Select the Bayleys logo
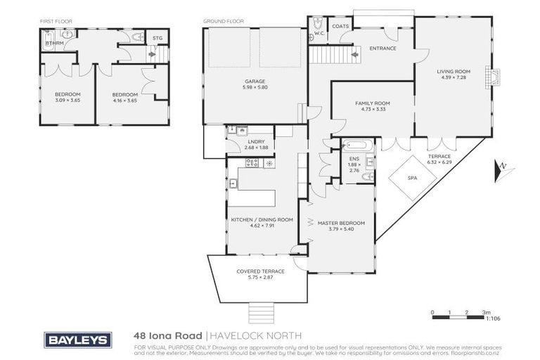coord(77,340)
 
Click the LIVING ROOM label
coord(453,72)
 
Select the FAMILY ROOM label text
coord(372,103)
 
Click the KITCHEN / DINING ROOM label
coord(262,219)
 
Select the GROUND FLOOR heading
coord(224,21)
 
